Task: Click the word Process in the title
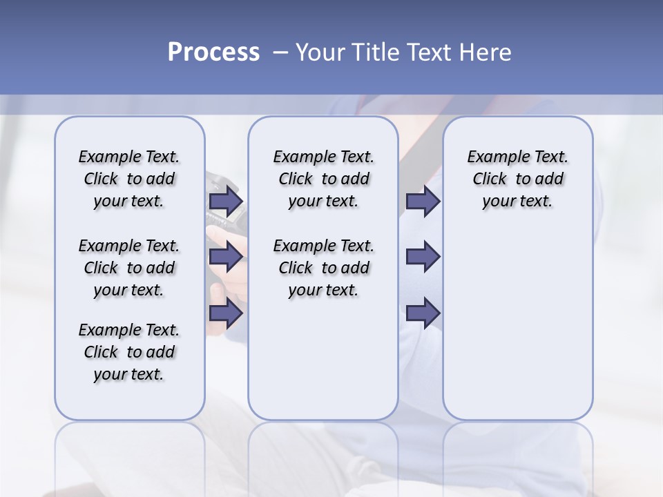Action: click(213, 52)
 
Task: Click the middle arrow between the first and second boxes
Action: click(225, 257)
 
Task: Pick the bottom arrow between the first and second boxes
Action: click(225, 313)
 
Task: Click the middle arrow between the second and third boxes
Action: click(423, 257)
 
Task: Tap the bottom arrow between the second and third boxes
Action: click(423, 313)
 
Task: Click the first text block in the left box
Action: click(129, 179)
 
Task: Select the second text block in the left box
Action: click(129, 268)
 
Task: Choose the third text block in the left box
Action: click(129, 352)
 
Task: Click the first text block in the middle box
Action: click(323, 179)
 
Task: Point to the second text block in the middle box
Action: click(323, 268)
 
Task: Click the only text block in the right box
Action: click(517, 179)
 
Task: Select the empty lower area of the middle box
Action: click(323, 359)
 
